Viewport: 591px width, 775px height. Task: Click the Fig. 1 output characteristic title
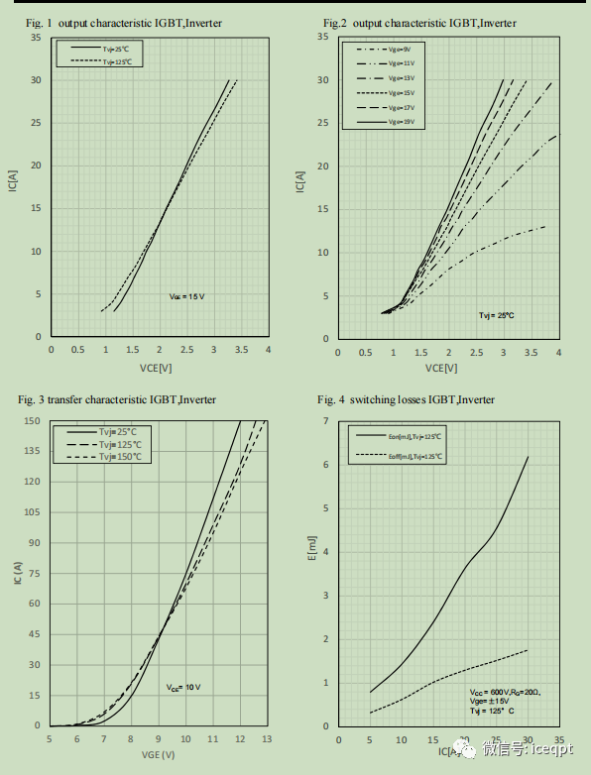click(x=123, y=22)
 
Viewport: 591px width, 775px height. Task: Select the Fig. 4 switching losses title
click(x=406, y=399)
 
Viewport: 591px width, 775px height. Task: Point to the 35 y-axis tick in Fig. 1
click(x=36, y=38)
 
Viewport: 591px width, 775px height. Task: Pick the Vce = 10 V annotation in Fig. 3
click(x=184, y=687)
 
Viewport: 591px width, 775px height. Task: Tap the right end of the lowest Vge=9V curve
click(x=545, y=227)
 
